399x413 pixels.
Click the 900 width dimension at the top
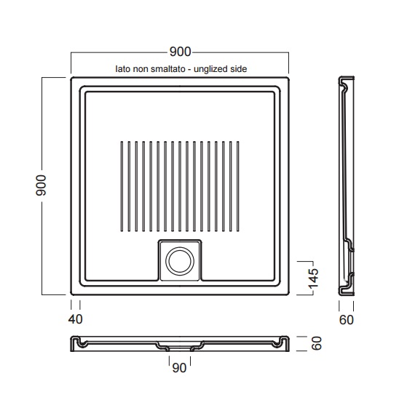coord(180,52)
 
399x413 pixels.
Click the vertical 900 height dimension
coord(41,185)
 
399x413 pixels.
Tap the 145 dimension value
coord(313,278)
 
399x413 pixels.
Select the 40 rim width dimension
coord(76,319)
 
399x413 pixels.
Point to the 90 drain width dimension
coord(179,368)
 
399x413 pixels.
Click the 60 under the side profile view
coord(347,320)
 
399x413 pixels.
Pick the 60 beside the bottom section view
coord(317,343)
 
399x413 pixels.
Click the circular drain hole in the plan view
coord(180,260)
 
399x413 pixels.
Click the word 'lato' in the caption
coord(122,69)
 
